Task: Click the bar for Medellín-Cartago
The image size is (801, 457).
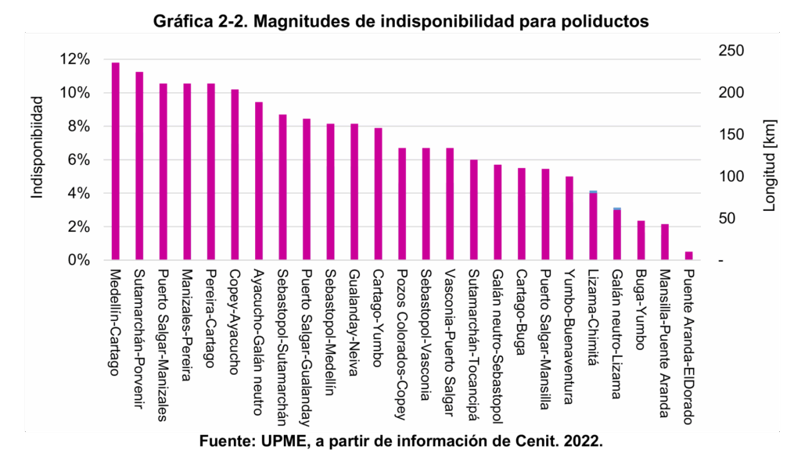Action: [x=116, y=161]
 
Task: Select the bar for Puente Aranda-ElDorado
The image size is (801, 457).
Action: [x=688, y=255]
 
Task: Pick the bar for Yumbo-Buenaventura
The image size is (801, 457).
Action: [x=569, y=218]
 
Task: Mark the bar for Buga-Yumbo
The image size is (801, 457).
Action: [x=641, y=240]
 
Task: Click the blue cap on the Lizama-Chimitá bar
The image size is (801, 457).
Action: [x=593, y=191]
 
